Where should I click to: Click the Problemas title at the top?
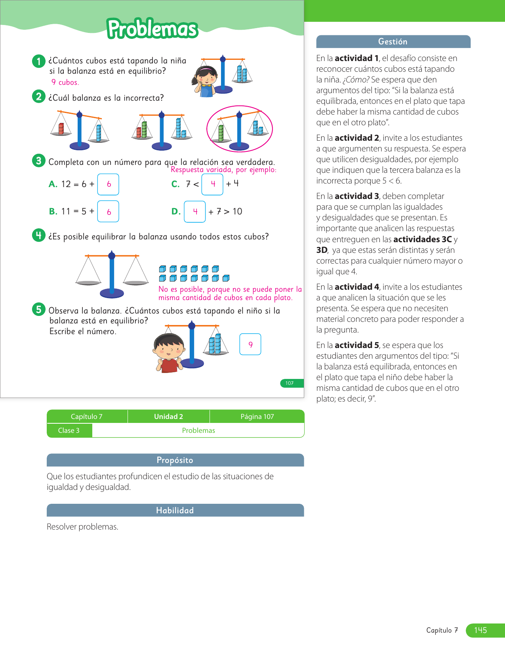(x=152, y=29)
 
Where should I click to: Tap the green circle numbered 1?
(x=38, y=61)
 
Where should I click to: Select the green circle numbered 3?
(x=38, y=161)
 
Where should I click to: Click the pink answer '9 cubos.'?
(x=65, y=82)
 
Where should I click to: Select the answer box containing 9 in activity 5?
(x=250, y=344)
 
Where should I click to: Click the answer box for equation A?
(x=108, y=184)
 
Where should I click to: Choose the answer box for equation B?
(x=108, y=211)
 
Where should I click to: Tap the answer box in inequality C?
(x=212, y=184)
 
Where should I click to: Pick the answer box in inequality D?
(x=195, y=212)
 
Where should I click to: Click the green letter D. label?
(x=176, y=211)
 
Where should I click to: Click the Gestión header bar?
(x=393, y=42)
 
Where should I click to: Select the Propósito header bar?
(x=175, y=460)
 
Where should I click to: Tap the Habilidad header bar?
(x=175, y=510)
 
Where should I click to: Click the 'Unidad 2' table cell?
(x=169, y=416)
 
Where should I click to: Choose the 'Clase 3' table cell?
(x=69, y=430)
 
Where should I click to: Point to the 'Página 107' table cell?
(x=257, y=416)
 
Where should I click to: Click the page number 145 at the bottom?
(x=480, y=630)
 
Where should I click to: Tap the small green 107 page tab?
(x=292, y=383)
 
